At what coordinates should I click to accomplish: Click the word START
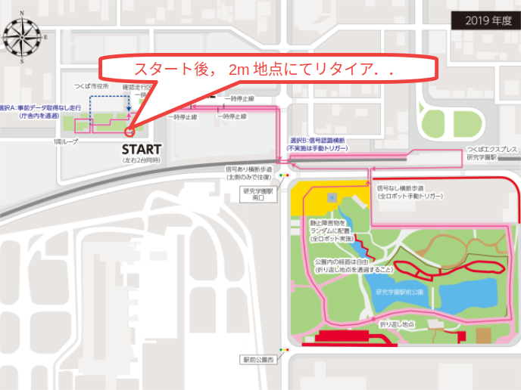click(141, 149)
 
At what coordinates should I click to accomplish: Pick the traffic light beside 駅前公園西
click(283, 349)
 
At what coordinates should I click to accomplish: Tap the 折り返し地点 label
click(397, 323)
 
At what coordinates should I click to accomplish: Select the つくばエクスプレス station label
click(492, 154)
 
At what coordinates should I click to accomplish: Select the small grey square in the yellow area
click(331, 197)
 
